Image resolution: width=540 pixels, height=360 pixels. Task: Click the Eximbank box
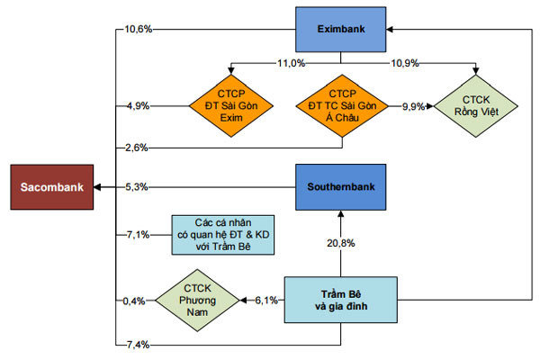click(341, 29)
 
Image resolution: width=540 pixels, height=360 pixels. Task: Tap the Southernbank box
click(341, 186)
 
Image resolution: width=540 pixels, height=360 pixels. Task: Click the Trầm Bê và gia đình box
click(341, 299)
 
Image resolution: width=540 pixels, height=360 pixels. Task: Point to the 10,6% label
click(138, 29)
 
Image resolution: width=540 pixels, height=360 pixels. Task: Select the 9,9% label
click(414, 106)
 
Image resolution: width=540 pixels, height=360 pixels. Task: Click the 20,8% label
click(341, 243)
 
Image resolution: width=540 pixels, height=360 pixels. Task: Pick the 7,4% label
click(138, 344)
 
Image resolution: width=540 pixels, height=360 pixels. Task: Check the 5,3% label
click(138, 187)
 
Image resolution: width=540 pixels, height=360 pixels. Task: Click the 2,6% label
click(138, 147)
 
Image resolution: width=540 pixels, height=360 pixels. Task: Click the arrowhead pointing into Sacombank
click(97, 186)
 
